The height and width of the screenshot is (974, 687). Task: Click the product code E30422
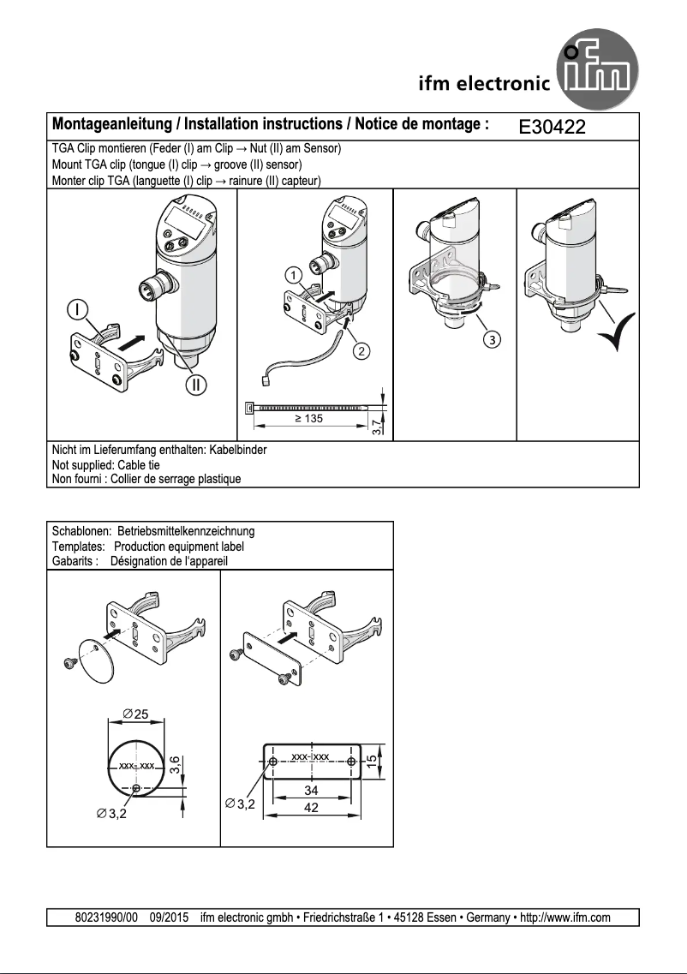pyautogui.click(x=552, y=128)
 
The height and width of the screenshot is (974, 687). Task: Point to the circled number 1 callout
pyautogui.click(x=293, y=276)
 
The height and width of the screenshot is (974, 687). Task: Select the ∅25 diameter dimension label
pyautogui.click(x=134, y=714)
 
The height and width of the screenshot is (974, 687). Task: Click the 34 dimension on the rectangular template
pyautogui.click(x=312, y=791)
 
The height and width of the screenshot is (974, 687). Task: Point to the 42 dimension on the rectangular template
pyautogui.click(x=312, y=807)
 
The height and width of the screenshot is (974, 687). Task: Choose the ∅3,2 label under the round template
pyautogui.click(x=111, y=813)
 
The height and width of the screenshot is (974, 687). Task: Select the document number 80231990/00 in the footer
pyautogui.click(x=106, y=917)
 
